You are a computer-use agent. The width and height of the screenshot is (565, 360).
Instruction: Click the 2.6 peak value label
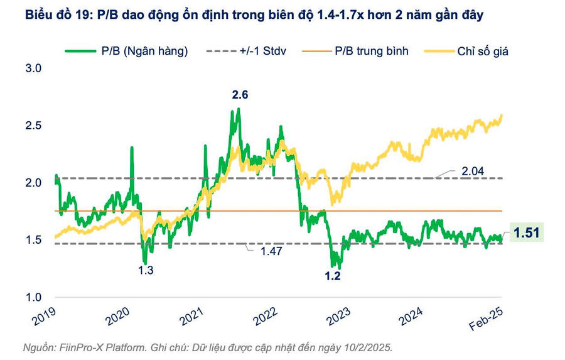pos(240,95)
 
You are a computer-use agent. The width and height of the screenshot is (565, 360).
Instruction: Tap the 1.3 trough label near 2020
pos(146,270)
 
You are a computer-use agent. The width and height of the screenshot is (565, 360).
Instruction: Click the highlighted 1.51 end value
pos(526,233)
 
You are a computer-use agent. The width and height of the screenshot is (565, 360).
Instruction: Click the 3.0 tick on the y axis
pos(33,68)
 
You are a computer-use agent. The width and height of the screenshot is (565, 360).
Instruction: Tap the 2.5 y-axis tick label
pos(33,126)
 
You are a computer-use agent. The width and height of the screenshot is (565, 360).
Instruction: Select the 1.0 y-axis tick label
pos(33,297)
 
